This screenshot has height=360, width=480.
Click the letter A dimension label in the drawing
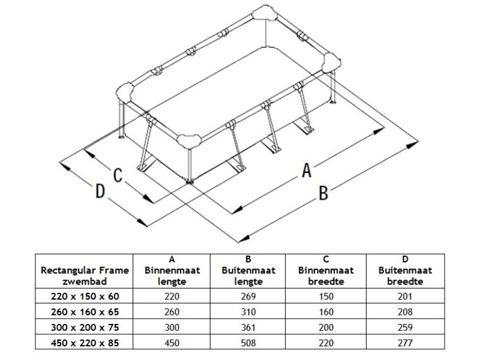(307, 170)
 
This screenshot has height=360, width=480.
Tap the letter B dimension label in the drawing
(323, 193)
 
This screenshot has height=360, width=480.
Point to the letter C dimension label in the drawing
(118, 175)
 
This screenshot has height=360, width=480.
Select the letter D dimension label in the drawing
(100, 191)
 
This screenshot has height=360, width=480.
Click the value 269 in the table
(248, 296)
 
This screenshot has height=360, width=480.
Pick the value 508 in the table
(248, 343)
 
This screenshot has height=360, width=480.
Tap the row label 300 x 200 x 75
(85, 327)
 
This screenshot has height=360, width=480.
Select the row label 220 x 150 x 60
(85, 296)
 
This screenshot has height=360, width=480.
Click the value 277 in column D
(405, 343)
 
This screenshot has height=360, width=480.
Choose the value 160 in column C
(326, 311)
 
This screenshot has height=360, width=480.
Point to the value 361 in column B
(248, 327)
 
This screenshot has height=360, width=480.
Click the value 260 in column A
(172, 311)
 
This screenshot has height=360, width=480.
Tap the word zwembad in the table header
(85, 281)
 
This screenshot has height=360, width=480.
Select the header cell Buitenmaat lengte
(248, 276)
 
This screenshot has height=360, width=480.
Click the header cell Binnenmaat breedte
(326, 276)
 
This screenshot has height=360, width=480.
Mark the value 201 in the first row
(405, 296)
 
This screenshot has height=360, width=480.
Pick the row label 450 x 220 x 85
(85, 343)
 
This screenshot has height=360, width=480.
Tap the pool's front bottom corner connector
(189, 142)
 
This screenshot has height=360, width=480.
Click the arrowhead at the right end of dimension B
(412, 145)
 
